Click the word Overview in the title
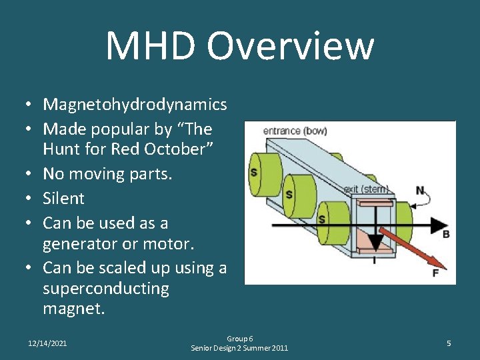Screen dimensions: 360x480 pyautogui.click(x=290, y=47)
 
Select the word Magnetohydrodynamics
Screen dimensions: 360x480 pyautogui.click(x=135, y=105)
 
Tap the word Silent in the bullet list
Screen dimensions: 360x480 pyautogui.click(x=63, y=199)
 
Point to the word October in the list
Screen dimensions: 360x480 pyautogui.click(x=175, y=150)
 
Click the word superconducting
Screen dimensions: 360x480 pyautogui.click(x=106, y=289)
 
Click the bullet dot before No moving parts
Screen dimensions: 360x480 pyautogui.click(x=30, y=175)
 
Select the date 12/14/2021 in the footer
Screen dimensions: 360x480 pyautogui.click(x=47, y=343)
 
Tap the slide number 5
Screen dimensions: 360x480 pyautogui.click(x=449, y=343)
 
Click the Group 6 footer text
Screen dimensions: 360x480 pyautogui.click(x=239, y=339)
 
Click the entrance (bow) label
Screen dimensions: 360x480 pyautogui.click(x=295, y=131)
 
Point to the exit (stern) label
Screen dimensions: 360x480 pyautogui.click(x=366, y=189)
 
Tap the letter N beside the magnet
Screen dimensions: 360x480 pyautogui.click(x=420, y=191)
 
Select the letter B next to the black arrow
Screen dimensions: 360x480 pyautogui.click(x=446, y=235)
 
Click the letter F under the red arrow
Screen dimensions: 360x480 pyautogui.click(x=435, y=273)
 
